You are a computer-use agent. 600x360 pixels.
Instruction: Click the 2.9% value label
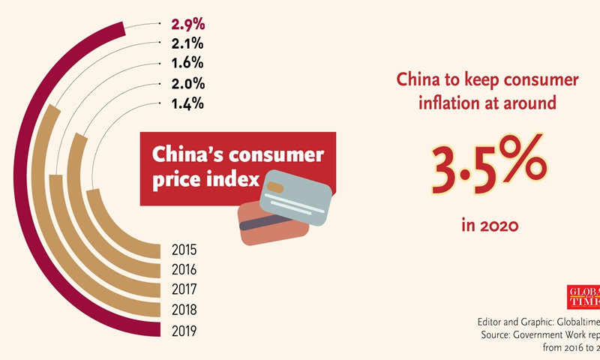click(x=187, y=25)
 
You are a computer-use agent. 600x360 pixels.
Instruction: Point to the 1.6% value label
click(x=187, y=64)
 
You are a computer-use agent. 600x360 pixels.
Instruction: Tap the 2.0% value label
click(x=187, y=85)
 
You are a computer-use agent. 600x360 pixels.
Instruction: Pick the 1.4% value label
click(x=187, y=104)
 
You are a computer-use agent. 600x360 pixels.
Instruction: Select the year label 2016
click(x=185, y=270)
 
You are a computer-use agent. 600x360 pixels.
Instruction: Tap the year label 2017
click(x=185, y=289)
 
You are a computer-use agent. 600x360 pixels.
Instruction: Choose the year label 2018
click(x=185, y=310)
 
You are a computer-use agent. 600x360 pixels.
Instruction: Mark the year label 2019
click(x=185, y=330)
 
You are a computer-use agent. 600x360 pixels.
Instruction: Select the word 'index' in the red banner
click(x=236, y=180)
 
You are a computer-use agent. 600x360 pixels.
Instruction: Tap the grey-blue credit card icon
click(x=293, y=197)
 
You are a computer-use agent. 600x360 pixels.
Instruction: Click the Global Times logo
click(x=583, y=296)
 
